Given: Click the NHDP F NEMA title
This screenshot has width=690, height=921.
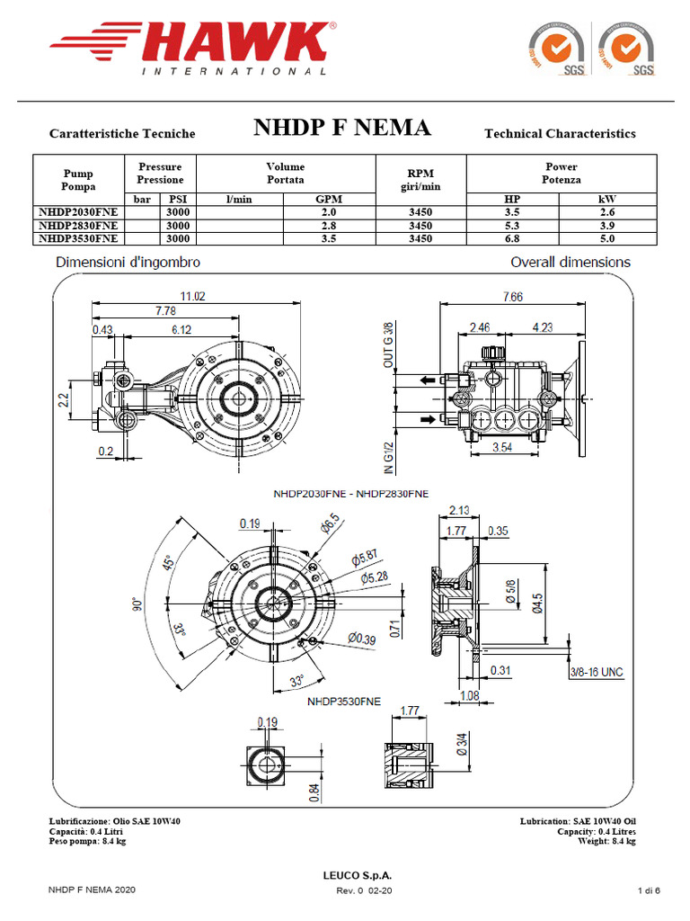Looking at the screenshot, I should tap(341, 128).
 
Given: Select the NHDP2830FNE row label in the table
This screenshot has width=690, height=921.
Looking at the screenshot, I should tap(77, 225).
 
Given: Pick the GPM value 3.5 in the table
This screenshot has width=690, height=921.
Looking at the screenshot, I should tap(329, 238).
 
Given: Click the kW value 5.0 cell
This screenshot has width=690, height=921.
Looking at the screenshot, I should tap(607, 238).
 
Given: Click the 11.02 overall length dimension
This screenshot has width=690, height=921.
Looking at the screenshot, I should tap(193, 296).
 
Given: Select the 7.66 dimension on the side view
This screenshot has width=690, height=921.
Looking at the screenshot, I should tap(513, 297).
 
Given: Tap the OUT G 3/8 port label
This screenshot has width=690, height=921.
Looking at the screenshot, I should tap(389, 345).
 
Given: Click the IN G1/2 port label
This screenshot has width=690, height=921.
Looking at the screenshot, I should tap(389, 456).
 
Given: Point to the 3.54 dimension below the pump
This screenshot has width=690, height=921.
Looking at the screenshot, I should tap(502, 447).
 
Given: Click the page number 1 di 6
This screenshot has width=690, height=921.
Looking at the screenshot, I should tap(649, 890).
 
